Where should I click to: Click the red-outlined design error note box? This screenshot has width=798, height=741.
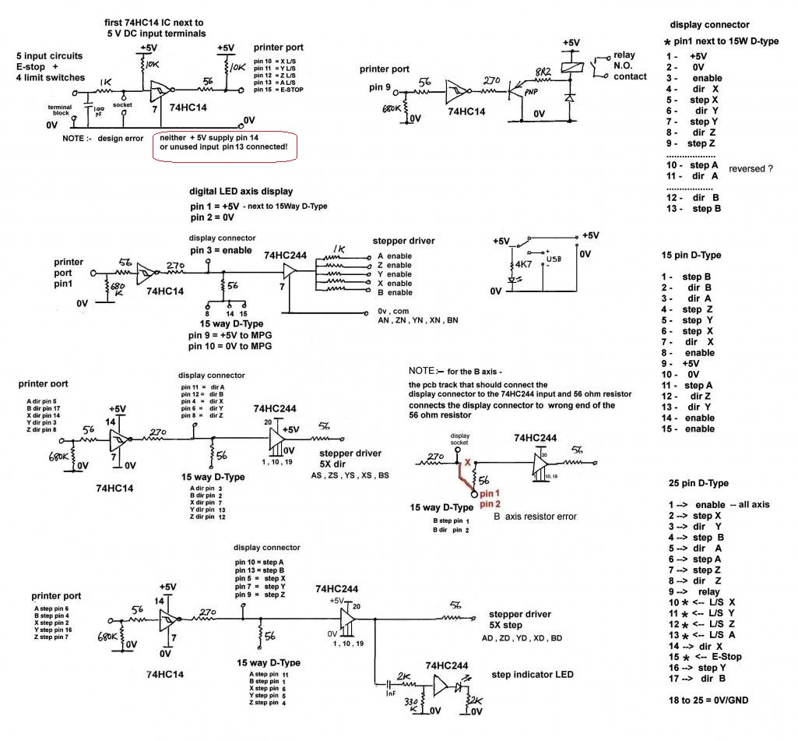(225, 146)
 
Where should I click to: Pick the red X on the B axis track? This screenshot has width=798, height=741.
(467, 462)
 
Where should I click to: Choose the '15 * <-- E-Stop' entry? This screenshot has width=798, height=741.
(705, 656)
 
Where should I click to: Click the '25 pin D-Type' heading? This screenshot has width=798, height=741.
(698, 483)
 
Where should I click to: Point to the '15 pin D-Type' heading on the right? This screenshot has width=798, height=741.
(690, 255)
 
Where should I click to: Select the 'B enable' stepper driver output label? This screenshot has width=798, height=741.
(395, 292)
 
